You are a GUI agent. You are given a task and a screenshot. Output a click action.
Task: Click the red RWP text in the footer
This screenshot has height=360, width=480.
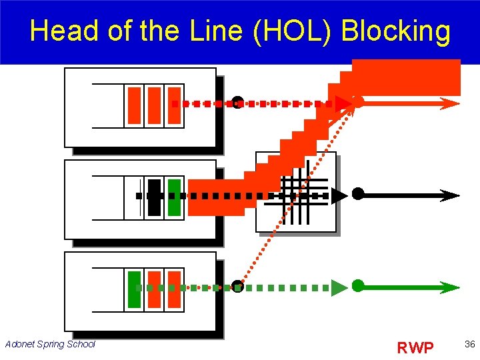coord(415,347)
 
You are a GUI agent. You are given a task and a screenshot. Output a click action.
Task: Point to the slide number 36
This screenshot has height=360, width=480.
coord(469,344)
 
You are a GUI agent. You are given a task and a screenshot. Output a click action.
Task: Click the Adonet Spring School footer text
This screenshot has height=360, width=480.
coord(50,344)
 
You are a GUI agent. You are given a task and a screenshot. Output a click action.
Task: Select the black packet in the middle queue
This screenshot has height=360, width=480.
coord(154,197)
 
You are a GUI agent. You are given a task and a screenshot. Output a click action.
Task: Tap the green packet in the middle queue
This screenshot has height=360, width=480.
coord(174,197)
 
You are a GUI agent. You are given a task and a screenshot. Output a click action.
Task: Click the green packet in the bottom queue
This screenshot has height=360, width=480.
coord(134,289)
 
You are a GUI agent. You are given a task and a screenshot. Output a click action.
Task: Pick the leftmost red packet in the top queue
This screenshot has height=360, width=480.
coord(134,105)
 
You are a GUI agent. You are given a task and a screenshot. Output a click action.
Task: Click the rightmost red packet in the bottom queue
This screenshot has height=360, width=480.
coord(174,289)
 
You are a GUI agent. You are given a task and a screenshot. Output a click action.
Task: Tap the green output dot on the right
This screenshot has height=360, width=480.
coord(358,286)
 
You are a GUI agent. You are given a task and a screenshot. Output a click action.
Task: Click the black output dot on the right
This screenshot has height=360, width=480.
coord(358,194)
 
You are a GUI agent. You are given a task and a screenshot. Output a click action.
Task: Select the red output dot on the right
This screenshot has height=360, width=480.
coord(358,102)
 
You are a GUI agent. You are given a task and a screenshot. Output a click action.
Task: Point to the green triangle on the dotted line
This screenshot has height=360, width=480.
coord(339,287)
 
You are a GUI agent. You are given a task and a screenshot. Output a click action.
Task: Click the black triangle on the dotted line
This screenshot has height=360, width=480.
coord(339,196)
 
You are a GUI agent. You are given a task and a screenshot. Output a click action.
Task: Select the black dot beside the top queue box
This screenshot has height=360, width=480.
coord(237,102)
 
